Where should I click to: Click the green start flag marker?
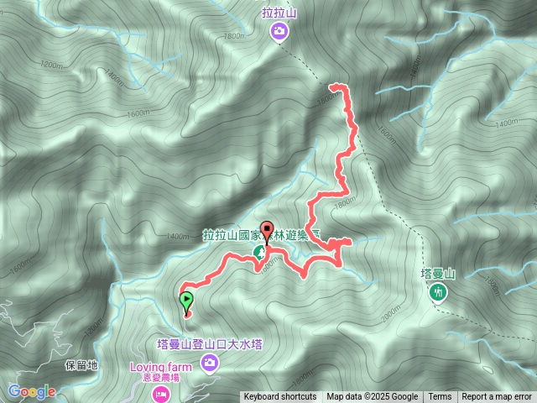coord(185,299)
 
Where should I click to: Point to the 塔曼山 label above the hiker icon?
coord(437,274)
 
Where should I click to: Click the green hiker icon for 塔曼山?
coord(437,292)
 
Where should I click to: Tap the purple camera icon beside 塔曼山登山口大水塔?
coord(209,362)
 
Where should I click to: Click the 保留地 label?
coord(81,366)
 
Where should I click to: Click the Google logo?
coord(32,391)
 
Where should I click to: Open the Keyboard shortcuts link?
coord(280,397)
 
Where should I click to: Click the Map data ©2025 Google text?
coord(373,397)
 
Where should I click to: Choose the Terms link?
coord(440,397)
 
